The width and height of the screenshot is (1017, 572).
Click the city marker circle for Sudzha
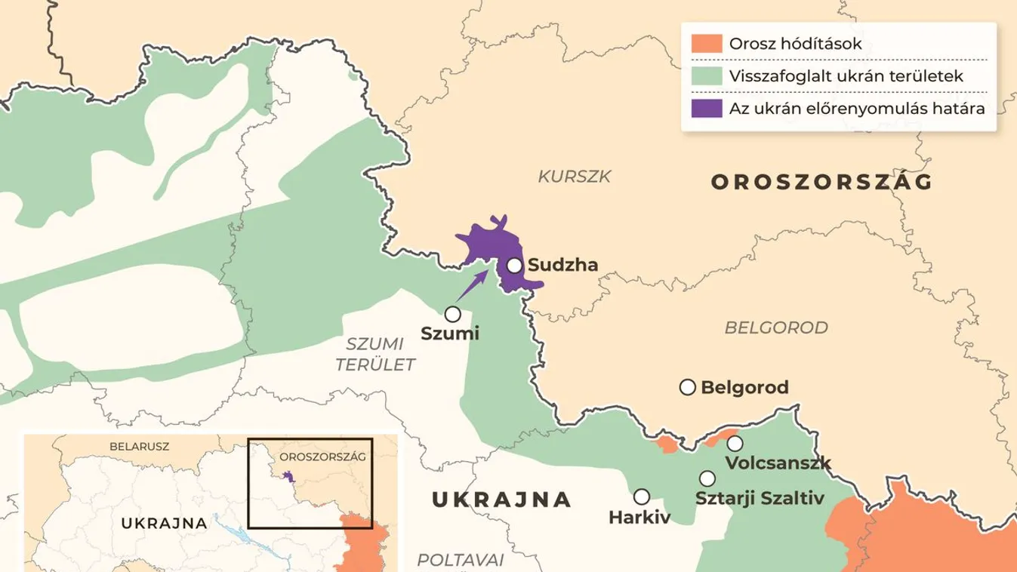coord(514,266)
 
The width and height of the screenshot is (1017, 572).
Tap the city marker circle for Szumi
coord(452,313)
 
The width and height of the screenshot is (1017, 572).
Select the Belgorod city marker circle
coord(687,387)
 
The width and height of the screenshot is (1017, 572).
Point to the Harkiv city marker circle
coord(641,497)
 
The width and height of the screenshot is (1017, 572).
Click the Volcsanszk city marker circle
coord(734,443)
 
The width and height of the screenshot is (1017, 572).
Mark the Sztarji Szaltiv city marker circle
coord(707,478)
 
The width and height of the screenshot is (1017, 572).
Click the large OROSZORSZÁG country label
coord(821,182)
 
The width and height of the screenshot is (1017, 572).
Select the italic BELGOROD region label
coord(775,328)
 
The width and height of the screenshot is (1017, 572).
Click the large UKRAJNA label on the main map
coord(500,499)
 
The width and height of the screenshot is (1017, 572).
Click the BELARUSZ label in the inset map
coord(139,446)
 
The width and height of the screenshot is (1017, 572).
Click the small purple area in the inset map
coord(288,476)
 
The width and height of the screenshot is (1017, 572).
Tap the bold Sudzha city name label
coord(562,265)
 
